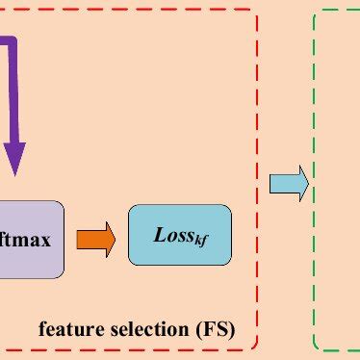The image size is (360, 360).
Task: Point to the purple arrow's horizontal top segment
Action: [x=5, y=43]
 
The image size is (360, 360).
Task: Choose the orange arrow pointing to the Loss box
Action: [x=95, y=237]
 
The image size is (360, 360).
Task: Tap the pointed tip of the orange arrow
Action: [x=114, y=237]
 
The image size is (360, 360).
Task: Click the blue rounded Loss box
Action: [x=180, y=235]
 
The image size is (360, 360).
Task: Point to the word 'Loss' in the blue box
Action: [x=172, y=234]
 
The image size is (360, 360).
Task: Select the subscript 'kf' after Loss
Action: [x=201, y=239]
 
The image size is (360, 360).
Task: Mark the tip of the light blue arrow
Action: [x=307, y=183]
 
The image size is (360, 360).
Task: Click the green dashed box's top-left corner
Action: [x=317, y=13]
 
